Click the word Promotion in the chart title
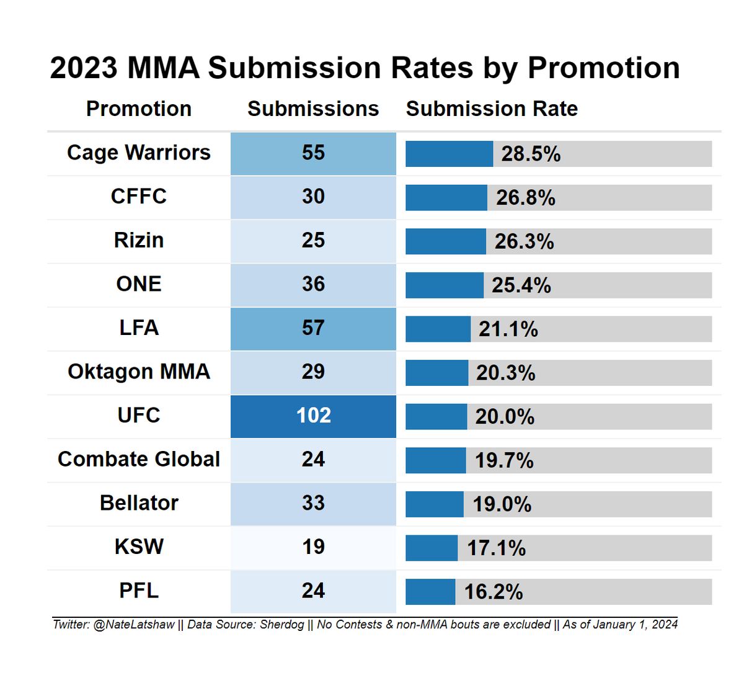pos(603,68)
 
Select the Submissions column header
pos(313,109)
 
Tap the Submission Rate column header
pos(492,109)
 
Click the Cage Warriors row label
pos(139,153)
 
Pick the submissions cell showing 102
pos(313,416)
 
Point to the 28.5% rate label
pos(531,154)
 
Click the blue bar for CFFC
pos(446,197)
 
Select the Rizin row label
pos(139,240)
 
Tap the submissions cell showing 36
pos(313,285)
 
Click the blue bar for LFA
pos(438,329)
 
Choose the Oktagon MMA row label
pos(139,372)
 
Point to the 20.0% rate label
pos(505,416)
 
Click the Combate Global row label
pos(139,459)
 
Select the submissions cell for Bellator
pos(313,504)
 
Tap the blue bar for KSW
pos(432,548)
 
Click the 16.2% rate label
pos(494,592)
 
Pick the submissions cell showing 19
pos(313,548)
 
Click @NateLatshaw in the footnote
pos(134,625)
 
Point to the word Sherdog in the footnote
pos(282,625)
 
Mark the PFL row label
pos(139,591)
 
